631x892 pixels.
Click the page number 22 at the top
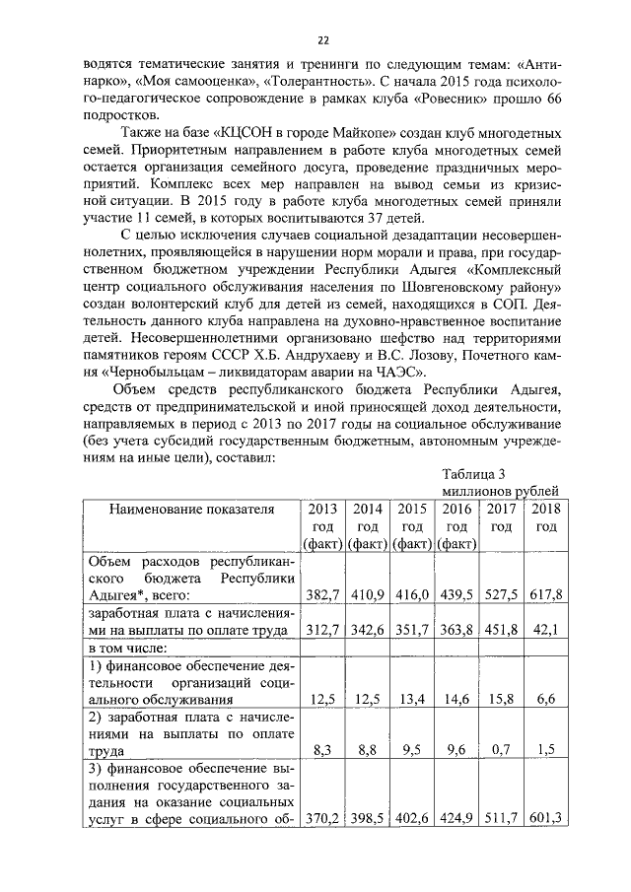(322, 40)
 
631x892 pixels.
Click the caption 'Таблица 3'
(474, 475)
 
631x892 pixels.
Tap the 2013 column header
(322, 526)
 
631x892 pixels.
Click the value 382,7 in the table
(322, 594)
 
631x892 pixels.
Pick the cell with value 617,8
(544, 594)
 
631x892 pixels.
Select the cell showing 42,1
(544, 631)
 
